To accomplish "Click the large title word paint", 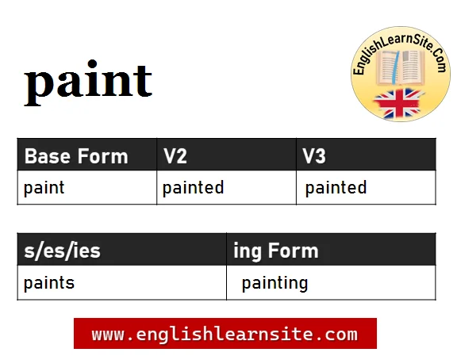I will (88, 82).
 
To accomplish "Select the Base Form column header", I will (76, 155).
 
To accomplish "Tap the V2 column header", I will (175, 155).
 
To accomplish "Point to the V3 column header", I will (314, 155).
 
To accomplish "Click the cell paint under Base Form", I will (44, 188).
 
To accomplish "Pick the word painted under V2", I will (193, 188).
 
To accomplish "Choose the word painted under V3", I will (336, 188).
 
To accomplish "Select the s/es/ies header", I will (62, 251).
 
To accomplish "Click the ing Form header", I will (276, 251).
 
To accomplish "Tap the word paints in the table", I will (49, 283).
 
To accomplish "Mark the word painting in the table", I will (275, 283).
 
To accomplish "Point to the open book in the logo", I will (400, 71).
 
